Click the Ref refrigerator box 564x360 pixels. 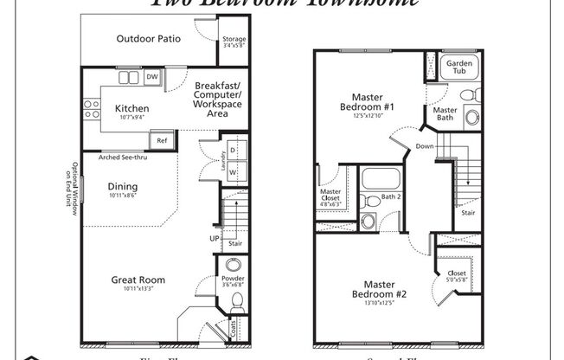coord(161,139)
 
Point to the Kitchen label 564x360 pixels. coord(131,109)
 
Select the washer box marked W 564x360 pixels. coord(233,171)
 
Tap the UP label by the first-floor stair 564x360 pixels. coord(213,238)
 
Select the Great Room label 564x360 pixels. coord(138,280)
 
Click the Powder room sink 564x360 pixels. coord(234,267)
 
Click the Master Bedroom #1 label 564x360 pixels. coord(373,103)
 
